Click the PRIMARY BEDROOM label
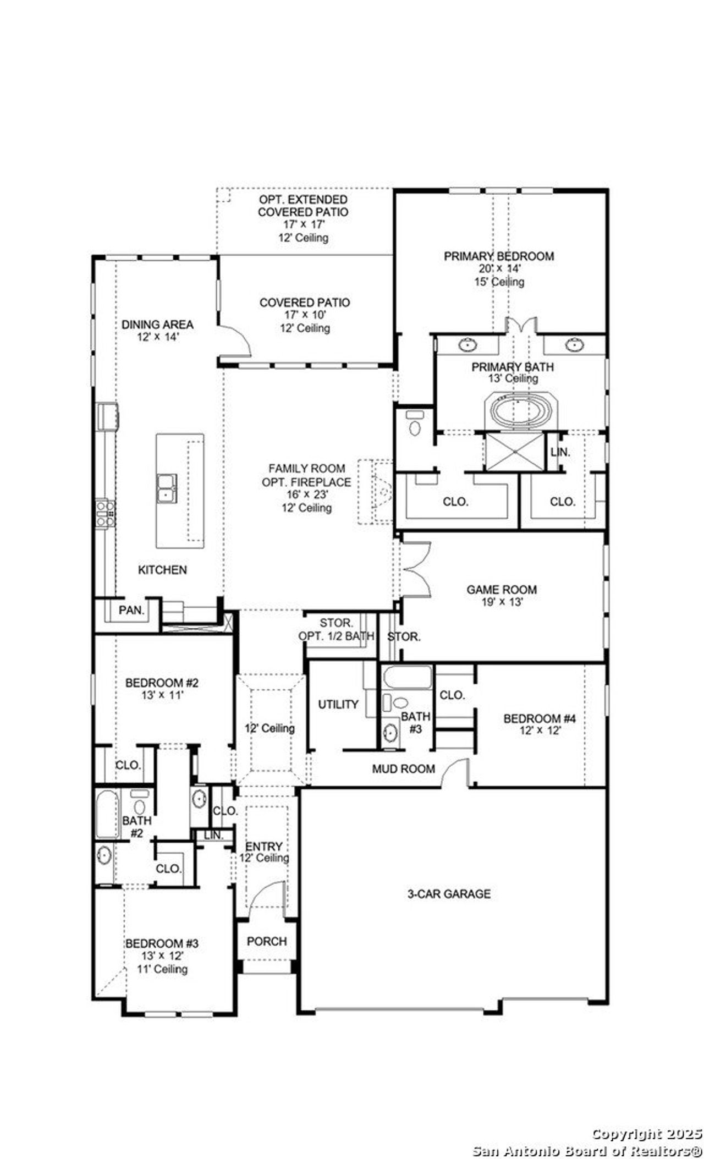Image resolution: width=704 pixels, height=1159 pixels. click(x=498, y=256)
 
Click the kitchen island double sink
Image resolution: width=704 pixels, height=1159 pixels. click(x=167, y=488)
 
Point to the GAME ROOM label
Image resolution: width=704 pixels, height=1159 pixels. click(x=501, y=589)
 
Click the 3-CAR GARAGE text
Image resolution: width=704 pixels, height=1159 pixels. click(x=449, y=894)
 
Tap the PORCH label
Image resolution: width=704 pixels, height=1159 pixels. click(x=267, y=941)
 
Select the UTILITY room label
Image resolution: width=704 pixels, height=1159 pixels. click(x=338, y=704)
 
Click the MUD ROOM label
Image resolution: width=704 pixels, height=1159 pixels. click(x=403, y=769)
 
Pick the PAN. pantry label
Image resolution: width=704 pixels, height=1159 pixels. click(x=131, y=609)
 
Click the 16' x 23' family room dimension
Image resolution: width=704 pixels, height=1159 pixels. click(x=306, y=494)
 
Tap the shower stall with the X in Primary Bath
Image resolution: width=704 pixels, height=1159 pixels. click(x=514, y=452)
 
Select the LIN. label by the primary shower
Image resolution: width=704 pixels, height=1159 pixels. click(x=560, y=453)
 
